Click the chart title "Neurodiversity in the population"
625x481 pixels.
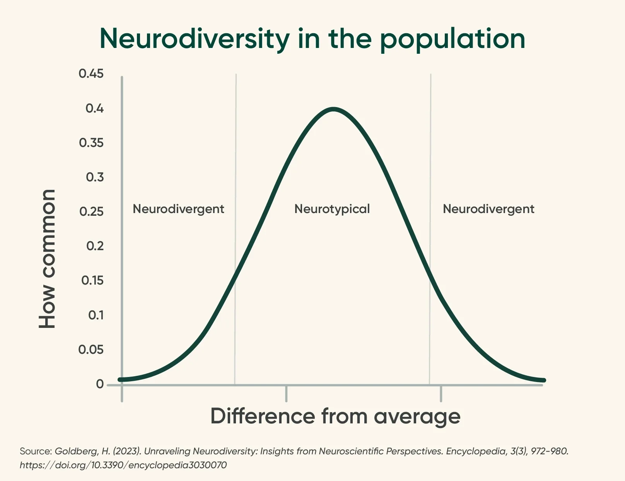click(312, 39)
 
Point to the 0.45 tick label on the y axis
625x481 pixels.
click(91, 73)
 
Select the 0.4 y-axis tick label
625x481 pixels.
click(94, 108)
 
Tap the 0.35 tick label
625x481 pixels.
click(91, 143)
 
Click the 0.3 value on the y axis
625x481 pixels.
click(94, 177)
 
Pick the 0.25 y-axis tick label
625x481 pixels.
click(91, 212)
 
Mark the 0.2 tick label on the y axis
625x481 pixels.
click(95, 246)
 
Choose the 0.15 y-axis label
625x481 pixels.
click(92, 280)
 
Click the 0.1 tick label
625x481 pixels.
click(96, 315)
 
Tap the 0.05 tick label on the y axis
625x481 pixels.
click(91, 350)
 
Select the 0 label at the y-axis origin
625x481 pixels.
click(100, 384)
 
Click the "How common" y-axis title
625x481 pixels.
click(48, 259)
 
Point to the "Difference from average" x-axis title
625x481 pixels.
click(335, 416)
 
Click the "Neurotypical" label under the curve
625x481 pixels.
click(332, 209)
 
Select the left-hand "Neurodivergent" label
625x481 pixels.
click(178, 209)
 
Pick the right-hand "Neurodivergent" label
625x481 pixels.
click(488, 209)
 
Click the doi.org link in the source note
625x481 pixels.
click(123, 465)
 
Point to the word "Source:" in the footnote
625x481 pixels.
click(36, 451)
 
